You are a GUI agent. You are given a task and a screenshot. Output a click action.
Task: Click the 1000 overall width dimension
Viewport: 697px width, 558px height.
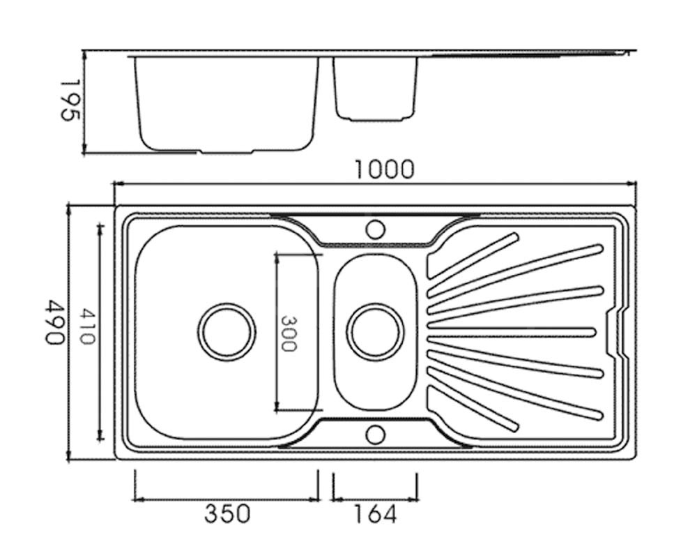pos(384,169)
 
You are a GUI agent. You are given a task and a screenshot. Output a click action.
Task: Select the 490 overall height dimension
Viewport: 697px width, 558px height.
pos(55,322)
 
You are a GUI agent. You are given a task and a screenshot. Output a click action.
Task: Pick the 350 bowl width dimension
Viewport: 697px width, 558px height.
pos(227,515)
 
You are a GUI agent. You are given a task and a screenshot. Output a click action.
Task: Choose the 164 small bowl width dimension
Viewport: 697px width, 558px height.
pos(374,515)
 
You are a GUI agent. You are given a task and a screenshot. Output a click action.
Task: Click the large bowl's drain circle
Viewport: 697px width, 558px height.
pos(227,332)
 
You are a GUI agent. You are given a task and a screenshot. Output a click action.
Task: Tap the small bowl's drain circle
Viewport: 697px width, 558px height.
pos(375,332)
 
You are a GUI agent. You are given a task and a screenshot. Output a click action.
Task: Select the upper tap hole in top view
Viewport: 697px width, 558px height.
pos(375,229)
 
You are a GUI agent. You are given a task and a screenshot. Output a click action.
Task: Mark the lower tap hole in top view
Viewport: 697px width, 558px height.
pos(375,435)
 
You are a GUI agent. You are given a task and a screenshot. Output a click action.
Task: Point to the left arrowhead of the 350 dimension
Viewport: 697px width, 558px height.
pos(137,498)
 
